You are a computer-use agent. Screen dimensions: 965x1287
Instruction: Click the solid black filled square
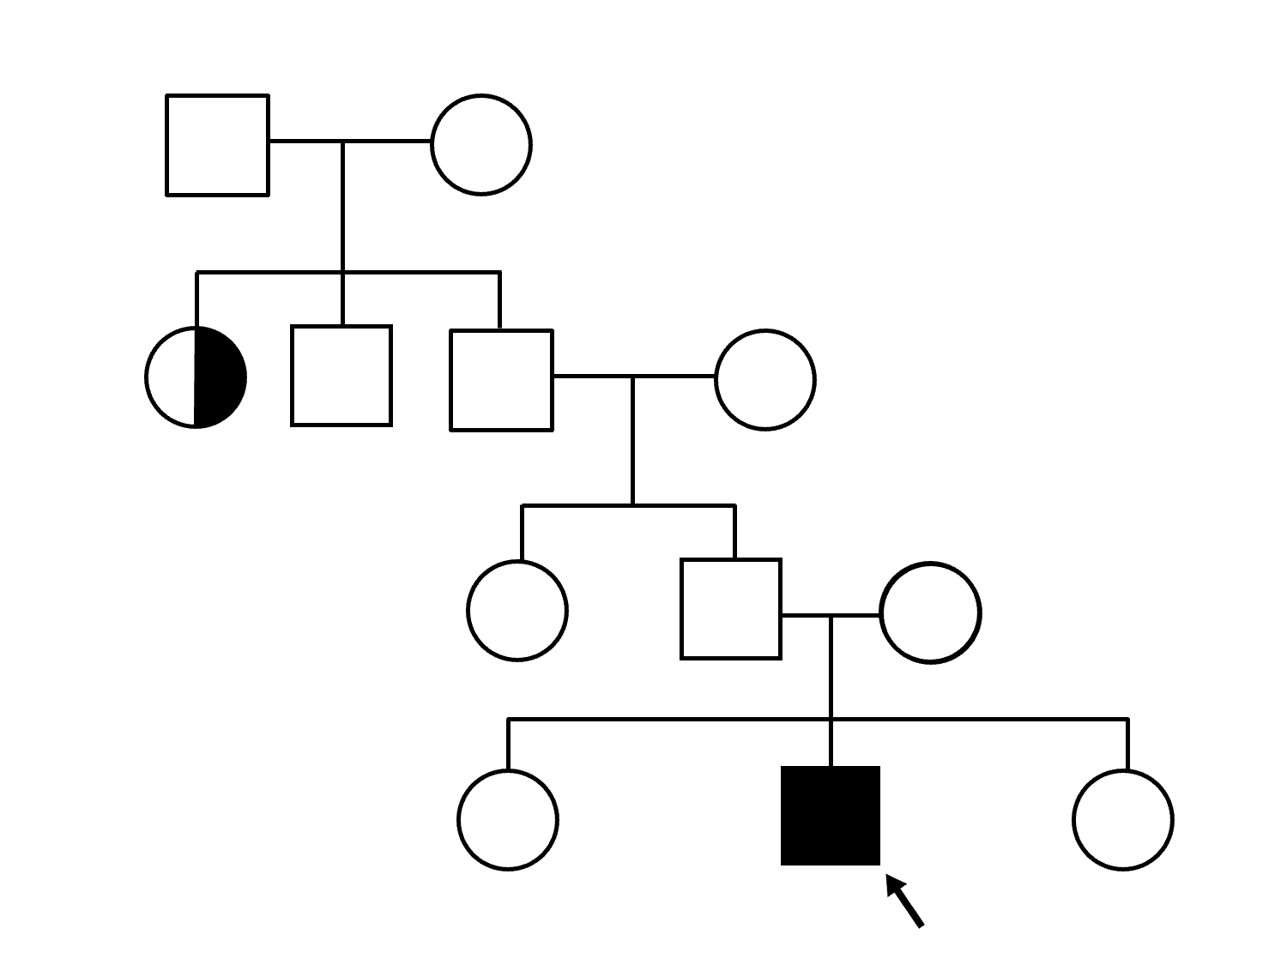[830, 815]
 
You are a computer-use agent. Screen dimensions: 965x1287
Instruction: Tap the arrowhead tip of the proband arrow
[888, 878]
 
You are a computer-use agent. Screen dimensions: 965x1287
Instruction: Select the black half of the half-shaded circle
[220, 377]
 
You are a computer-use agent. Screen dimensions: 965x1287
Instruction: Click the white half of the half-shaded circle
[172, 377]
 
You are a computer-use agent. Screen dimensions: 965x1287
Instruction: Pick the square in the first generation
[217, 145]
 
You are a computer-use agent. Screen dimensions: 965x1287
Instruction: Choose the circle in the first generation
[480, 145]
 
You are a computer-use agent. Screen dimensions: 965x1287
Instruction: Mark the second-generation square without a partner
[341, 376]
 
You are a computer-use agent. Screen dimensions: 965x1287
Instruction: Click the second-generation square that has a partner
[501, 379]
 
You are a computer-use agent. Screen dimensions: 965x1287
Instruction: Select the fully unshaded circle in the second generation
[764, 379]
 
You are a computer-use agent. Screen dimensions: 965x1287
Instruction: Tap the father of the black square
[731, 609]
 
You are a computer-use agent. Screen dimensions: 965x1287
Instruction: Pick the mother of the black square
[930, 612]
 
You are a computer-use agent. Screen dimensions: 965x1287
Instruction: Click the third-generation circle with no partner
[517, 610]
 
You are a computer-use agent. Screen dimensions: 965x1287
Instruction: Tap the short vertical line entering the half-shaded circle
[197, 300]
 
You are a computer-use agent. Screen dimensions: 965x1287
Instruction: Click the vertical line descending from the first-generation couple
[343, 206]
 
